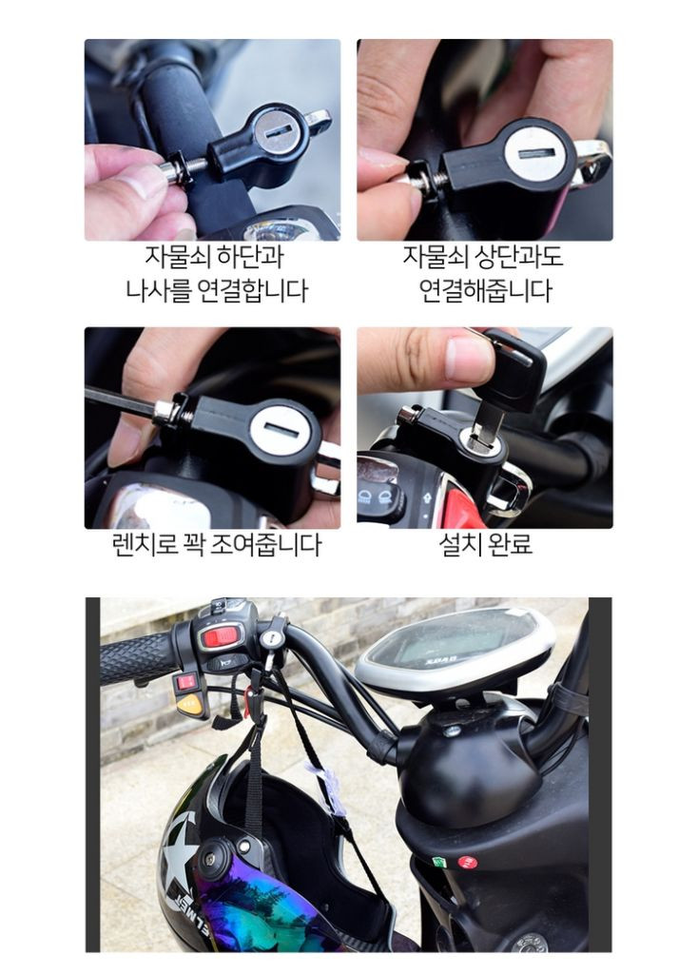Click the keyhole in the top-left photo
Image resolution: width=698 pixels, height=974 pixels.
point(277,129)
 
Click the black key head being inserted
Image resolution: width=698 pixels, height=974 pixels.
point(514,369)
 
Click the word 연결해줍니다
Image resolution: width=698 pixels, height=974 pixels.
point(485,290)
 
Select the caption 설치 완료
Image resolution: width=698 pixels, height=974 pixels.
point(485,545)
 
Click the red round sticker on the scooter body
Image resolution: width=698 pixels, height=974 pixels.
point(467,863)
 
